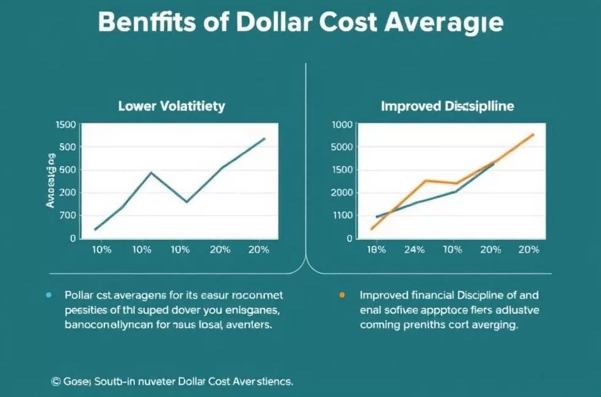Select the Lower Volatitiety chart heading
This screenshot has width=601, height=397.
[x=172, y=106]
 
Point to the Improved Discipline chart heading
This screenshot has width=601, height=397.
[x=447, y=106]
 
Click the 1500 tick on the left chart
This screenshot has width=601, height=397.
[x=65, y=125]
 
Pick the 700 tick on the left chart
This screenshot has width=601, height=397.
[x=68, y=216]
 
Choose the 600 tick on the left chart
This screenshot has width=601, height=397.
[x=68, y=170]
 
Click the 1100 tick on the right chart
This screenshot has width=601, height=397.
[x=342, y=216]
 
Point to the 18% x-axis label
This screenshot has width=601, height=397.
[x=377, y=250]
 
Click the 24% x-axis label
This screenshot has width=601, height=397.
[x=414, y=250]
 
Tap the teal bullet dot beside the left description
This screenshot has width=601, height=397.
[x=48, y=294]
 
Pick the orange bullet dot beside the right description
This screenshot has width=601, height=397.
[x=342, y=294]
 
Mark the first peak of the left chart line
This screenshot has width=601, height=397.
[x=151, y=173]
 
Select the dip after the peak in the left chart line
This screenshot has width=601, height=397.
[x=186, y=202]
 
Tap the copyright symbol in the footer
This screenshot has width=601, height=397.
[x=56, y=381]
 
